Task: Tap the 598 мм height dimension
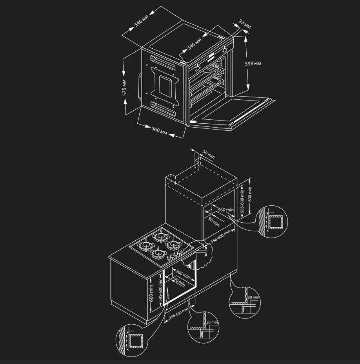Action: pos(253,63)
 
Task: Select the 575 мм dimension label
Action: pos(124,88)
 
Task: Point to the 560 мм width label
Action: pos(159,130)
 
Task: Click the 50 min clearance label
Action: pos(209,154)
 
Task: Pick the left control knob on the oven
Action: pos(198,68)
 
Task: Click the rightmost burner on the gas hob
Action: pos(173,245)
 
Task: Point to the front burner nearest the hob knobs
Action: pos(158,254)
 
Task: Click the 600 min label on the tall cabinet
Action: pos(250,194)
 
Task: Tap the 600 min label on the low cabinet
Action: pos(151,293)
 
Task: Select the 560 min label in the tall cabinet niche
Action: pos(226,210)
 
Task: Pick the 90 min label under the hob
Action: pos(180,282)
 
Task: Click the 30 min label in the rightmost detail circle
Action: pos(253,297)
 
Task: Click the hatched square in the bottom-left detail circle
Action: pos(136,341)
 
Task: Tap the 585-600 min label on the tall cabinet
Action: pos(242,201)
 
